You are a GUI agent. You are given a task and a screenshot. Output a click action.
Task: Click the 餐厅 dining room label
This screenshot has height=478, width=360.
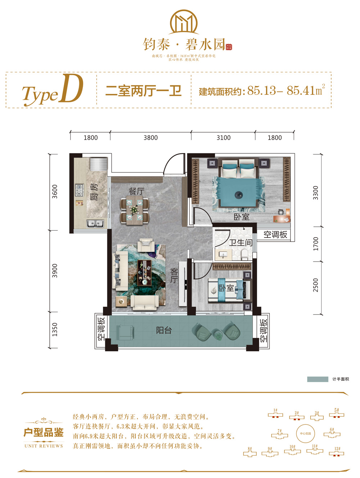point(136,191)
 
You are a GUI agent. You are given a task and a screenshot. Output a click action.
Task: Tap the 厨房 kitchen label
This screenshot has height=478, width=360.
point(94,191)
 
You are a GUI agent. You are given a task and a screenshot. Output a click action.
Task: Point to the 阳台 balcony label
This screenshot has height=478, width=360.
point(164,330)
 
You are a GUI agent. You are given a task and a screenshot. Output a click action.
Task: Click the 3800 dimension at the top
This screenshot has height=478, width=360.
point(150,137)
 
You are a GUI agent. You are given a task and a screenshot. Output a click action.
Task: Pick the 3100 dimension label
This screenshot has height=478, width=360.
point(223,137)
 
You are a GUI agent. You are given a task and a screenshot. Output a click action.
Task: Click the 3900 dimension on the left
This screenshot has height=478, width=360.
point(55,271)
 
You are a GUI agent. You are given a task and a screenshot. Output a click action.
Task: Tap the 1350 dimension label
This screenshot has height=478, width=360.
point(55,330)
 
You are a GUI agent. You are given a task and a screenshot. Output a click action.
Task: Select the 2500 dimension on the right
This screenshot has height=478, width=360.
point(316,285)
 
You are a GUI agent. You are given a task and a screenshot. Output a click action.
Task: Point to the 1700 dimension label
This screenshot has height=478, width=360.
point(316,244)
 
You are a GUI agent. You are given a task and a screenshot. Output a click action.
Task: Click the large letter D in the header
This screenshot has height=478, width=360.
point(72,89)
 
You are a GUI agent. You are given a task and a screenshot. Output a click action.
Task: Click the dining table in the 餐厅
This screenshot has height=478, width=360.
point(134,210)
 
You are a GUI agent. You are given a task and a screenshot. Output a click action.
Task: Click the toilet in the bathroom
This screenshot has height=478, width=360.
point(245,255)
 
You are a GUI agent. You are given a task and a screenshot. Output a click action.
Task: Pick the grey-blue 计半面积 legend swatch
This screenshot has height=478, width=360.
point(318,379)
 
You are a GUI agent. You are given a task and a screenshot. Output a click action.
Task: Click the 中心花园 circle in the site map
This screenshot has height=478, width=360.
point(305,433)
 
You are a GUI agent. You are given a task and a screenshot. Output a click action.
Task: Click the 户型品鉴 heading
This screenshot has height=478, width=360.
point(44,432)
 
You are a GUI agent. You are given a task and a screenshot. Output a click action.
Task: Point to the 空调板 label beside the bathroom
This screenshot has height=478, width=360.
point(275,235)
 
